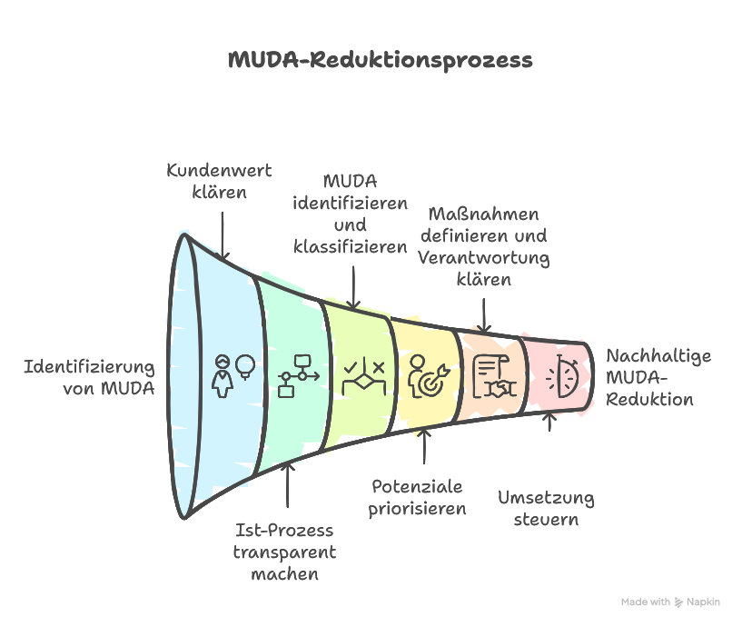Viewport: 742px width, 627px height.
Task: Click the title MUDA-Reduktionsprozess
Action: click(380, 60)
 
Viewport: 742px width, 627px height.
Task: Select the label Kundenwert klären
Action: click(219, 181)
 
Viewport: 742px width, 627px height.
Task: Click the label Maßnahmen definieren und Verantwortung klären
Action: click(483, 246)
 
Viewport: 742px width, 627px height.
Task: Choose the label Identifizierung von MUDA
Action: click(89, 378)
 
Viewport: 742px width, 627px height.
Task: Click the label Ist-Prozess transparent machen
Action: click(284, 552)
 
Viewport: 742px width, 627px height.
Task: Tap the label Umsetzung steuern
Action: click(546, 509)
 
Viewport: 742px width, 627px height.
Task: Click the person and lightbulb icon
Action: click(232, 374)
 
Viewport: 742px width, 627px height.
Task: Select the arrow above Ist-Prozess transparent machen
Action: click(288, 486)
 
